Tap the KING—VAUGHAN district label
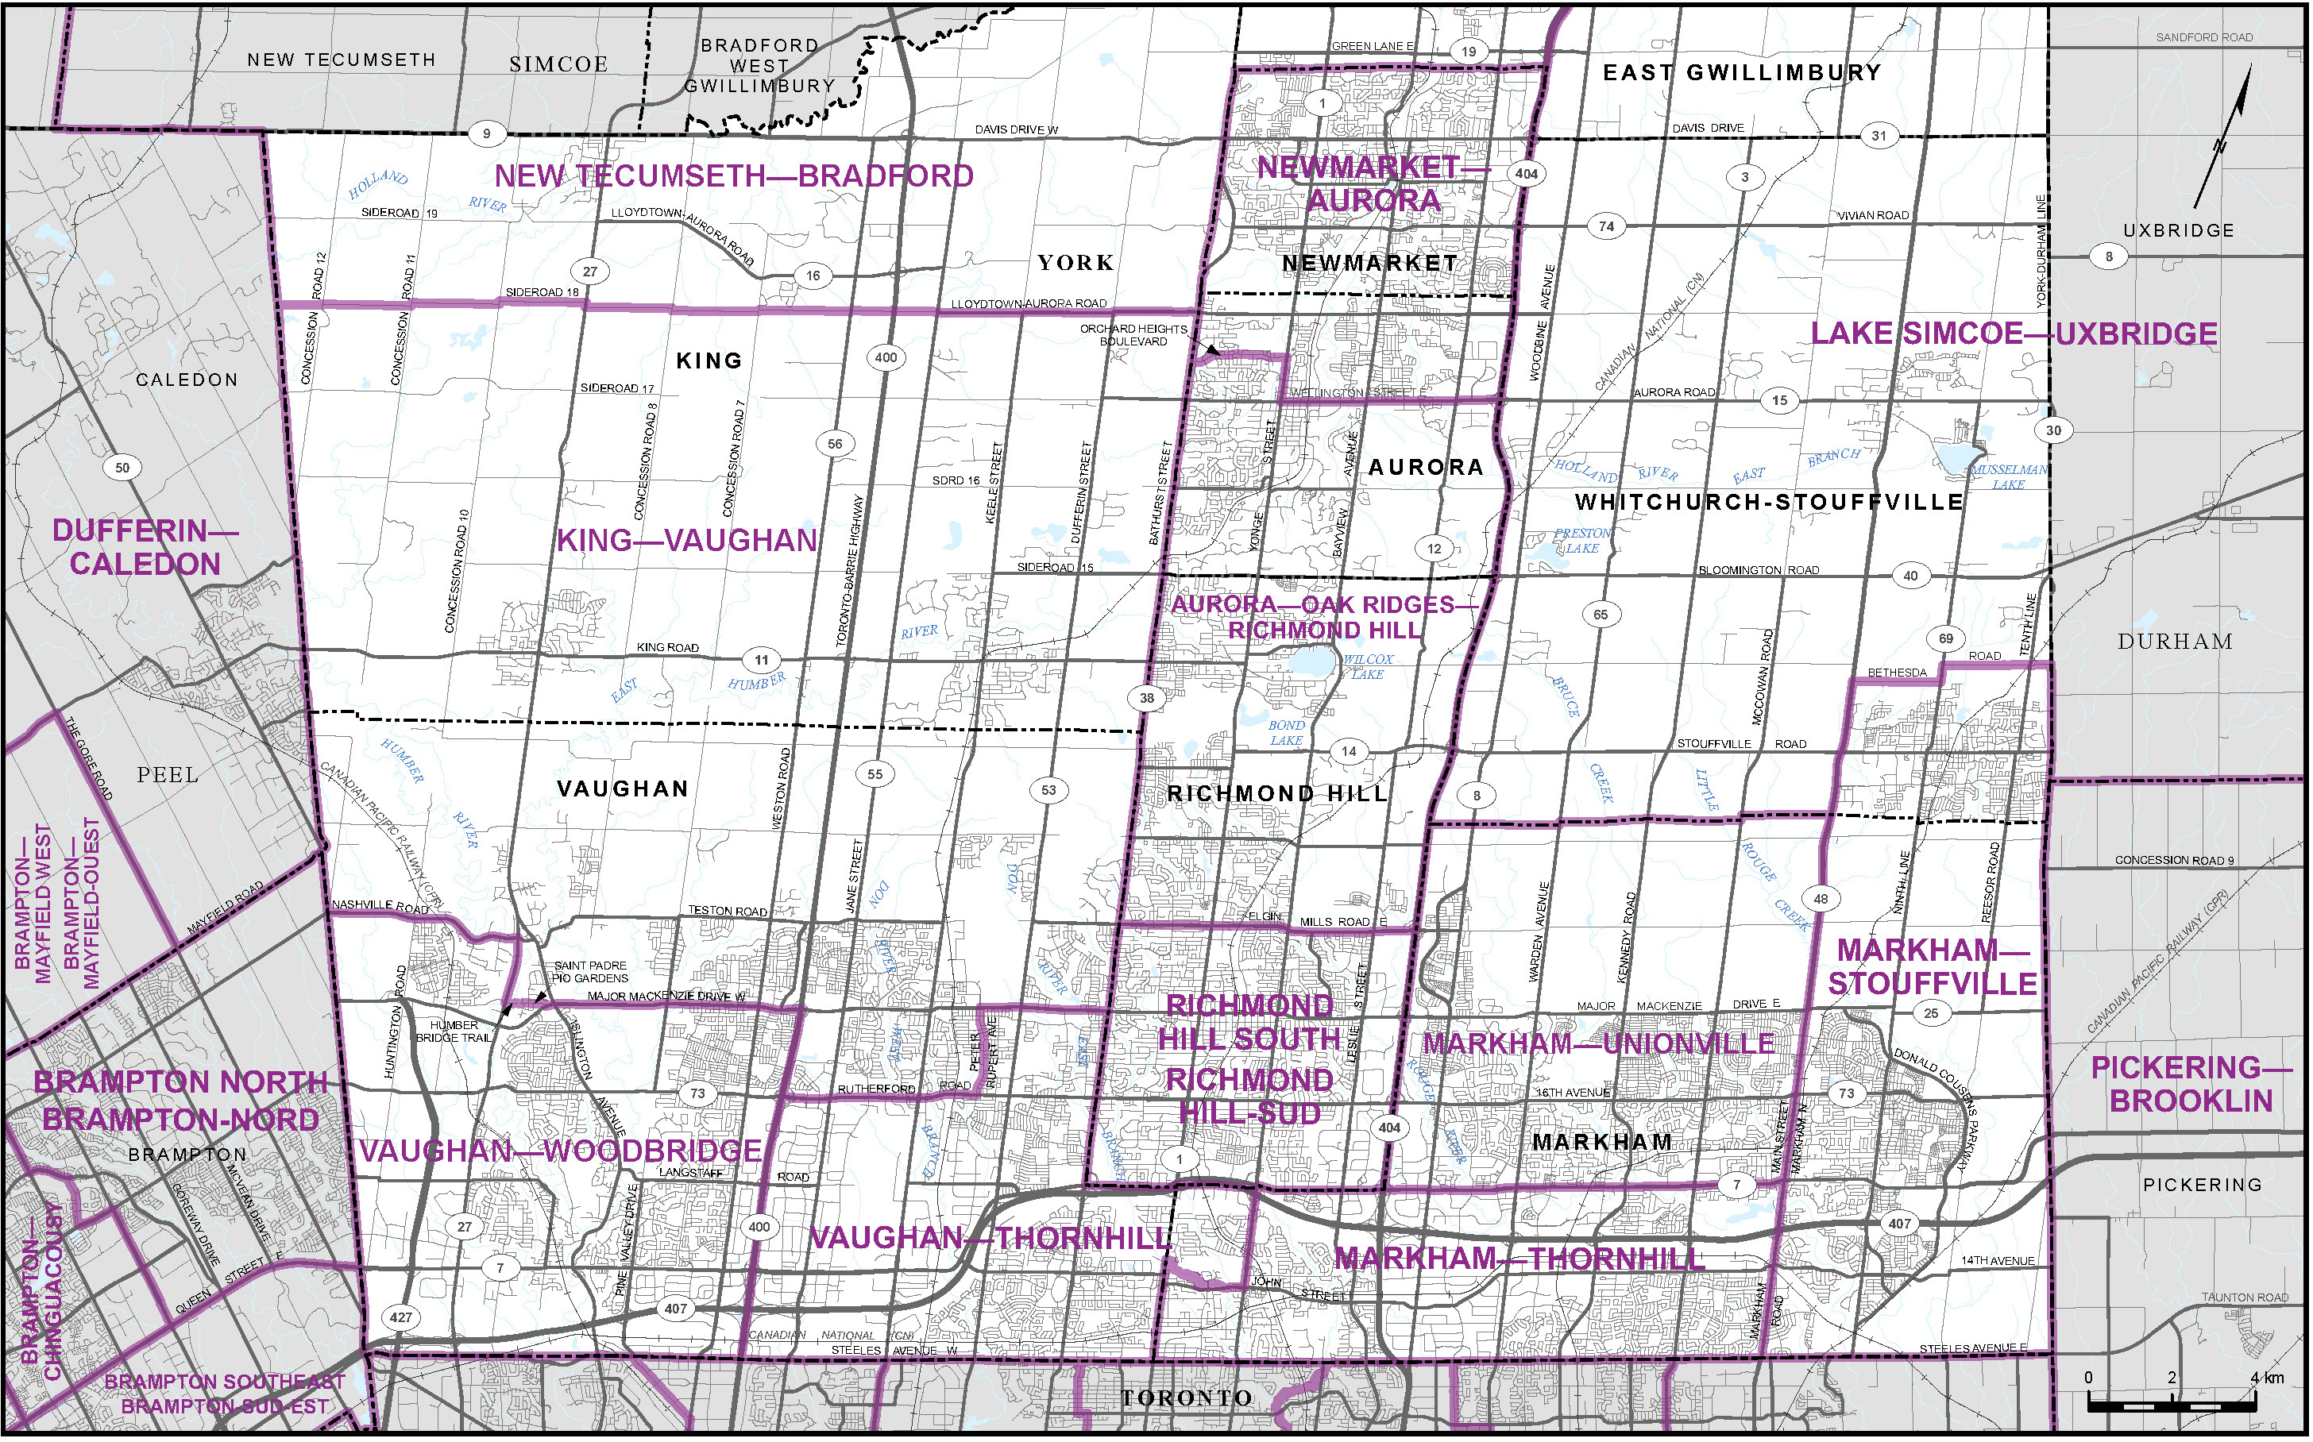[687, 541]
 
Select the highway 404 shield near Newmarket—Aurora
[1526, 174]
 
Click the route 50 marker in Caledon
[122, 468]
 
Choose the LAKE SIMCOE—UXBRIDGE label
[2014, 334]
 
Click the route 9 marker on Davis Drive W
[486, 133]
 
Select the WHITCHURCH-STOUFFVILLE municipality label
[1770, 502]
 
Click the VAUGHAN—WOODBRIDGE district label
[561, 1151]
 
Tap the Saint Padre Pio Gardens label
[590, 972]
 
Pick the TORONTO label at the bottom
[1187, 1398]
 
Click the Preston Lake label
[1582, 541]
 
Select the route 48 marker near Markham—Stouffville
[1821, 898]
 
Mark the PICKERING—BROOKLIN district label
[2191, 1085]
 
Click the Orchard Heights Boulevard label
[1134, 335]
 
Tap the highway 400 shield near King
[886, 357]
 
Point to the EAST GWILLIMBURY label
[1742, 72]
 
